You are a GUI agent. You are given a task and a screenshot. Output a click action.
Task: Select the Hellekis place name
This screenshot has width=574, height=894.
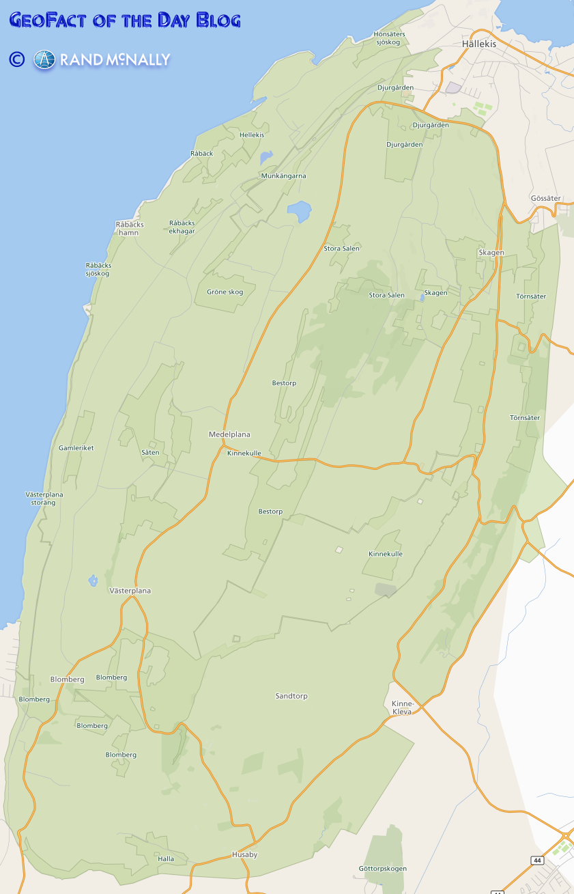click(252, 135)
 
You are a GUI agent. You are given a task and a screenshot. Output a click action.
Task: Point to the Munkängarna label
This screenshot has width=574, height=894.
click(284, 176)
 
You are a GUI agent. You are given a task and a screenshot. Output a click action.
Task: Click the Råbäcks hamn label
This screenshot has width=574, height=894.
click(128, 228)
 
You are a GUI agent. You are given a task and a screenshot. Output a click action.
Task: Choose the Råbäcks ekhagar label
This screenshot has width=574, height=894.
click(182, 227)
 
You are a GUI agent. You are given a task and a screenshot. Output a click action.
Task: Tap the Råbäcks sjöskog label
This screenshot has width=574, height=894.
click(98, 269)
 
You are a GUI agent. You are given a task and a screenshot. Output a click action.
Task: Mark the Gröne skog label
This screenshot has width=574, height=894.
click(225, 292)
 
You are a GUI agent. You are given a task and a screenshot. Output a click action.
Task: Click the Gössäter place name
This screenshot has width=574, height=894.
click(545, 198)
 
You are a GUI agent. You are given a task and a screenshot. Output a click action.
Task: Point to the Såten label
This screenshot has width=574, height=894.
click(150, 453)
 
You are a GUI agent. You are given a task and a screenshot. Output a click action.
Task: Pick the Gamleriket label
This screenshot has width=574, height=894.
click(76, 448)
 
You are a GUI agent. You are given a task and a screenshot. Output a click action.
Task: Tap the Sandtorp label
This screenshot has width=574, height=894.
click(291, 696)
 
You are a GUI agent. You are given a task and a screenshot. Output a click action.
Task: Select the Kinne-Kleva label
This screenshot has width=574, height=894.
click(402, 708)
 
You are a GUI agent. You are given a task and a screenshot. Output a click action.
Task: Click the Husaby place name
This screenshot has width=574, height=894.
click(244, 854)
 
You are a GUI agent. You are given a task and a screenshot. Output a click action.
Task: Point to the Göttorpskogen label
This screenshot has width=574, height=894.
click(383, 869)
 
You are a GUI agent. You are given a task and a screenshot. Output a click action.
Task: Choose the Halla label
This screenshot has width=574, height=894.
click(166, 858)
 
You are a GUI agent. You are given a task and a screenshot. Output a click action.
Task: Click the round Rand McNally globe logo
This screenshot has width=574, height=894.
click(44, 60)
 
